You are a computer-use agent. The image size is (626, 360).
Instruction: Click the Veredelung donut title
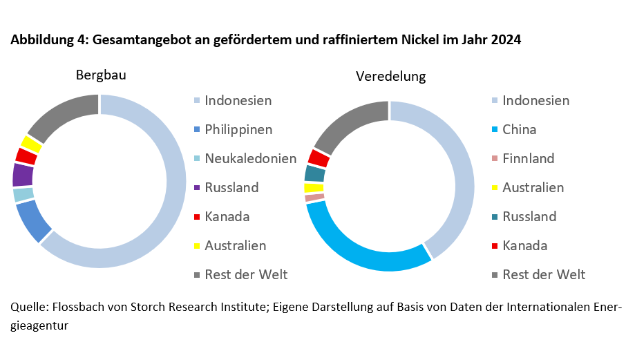click(390, 76)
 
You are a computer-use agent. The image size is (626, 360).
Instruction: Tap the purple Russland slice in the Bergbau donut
click(23, 175)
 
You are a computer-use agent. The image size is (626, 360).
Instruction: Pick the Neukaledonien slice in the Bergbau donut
click(23, 194)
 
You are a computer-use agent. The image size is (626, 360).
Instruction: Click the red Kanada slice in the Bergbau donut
click(26, 156)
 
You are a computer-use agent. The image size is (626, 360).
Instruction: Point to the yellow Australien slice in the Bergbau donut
click(31, 144)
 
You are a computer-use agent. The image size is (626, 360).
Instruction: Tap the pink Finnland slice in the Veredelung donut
click(314, 198)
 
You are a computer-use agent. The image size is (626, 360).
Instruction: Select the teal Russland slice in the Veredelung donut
click(314, 173)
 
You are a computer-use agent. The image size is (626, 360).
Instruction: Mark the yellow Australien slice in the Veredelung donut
click(313, 187)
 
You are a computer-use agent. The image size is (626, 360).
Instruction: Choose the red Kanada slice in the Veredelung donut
click(319, 158)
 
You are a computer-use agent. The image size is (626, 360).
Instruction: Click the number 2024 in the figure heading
click(506, 40)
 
